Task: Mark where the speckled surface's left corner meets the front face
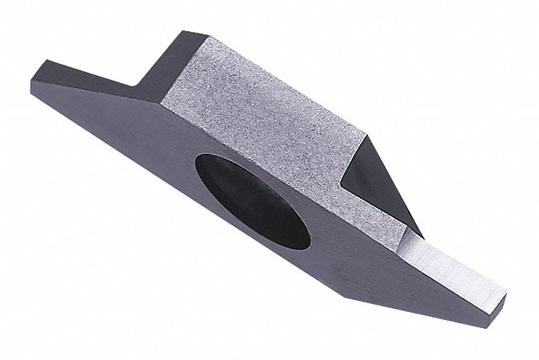164,105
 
